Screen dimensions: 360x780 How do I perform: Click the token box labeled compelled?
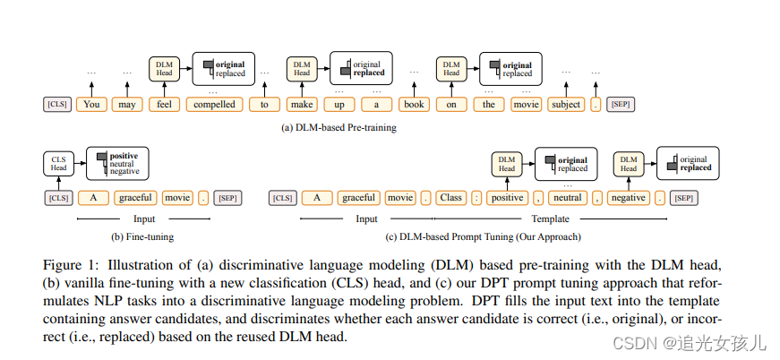(215, 105)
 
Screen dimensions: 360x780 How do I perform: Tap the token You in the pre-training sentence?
(90, 105)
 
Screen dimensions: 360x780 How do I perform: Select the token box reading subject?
(566, 105)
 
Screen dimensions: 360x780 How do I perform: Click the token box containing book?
(415, 105)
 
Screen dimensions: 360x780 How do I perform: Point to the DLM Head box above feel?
(164, 68)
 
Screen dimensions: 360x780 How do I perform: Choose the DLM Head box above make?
(301, 68)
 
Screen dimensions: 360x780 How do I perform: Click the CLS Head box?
(57, 164)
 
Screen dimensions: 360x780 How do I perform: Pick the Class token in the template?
(451, 197)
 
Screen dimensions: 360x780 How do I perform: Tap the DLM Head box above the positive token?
(507, 164)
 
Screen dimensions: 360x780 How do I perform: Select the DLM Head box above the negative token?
(629, 164)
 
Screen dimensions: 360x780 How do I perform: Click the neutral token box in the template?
(568, 197)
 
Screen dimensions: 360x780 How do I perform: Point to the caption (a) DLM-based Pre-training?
(339, 128)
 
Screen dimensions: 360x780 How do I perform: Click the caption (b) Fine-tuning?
(143, 237)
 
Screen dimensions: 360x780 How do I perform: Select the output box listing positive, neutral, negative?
(118, 163)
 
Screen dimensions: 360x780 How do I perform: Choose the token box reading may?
(128, 105)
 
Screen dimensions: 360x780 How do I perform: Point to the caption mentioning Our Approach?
(484, 237)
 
